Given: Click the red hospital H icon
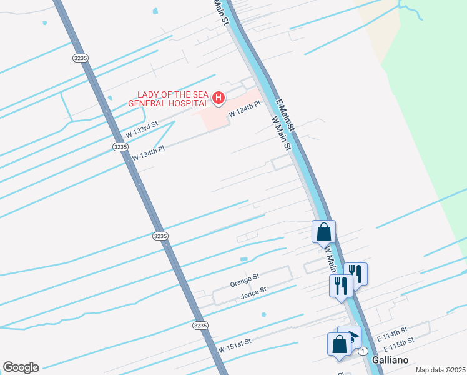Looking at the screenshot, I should click(x=218, y=97).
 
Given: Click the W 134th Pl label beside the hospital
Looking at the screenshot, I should click(x=243, y=111).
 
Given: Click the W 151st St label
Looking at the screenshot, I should click(x=234, y=343).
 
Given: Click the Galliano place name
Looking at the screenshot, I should click(x=390, y=361).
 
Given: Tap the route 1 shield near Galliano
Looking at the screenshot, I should click(x=362, y=351).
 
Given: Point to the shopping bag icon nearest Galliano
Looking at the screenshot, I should click(x=339, y=344).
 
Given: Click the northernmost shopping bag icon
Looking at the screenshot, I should click(x=324, y=231).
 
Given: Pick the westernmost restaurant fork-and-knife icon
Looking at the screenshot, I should click(x=341, y=286).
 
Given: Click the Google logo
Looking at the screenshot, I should click(x=21, y=367).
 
